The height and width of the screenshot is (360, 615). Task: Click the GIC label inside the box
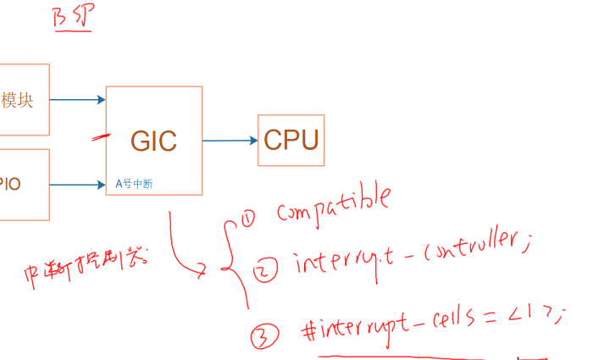[153, 141]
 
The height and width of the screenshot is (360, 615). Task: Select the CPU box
[291, 140]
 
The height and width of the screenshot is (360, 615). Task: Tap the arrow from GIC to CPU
[230, 141]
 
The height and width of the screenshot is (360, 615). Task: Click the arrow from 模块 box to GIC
[77, 100]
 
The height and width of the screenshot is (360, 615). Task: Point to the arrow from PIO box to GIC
[77, 184]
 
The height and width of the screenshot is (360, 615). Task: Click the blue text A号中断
[134, 183]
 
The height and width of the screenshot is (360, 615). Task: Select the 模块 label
[18, 100]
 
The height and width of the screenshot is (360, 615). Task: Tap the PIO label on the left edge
[10, 184]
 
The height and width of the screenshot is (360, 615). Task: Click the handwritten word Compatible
[333, 206]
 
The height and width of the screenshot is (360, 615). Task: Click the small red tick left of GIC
[102, 136]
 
